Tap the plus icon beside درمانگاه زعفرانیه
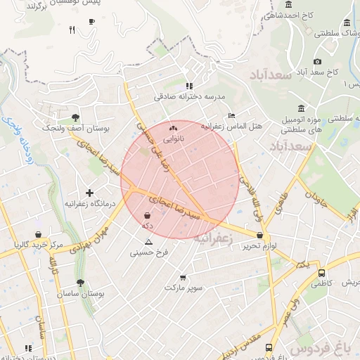tap(89, 192)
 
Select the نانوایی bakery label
tap(173, 139)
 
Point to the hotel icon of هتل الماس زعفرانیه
tap(232, 116)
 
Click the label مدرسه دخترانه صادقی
tap(189, 96)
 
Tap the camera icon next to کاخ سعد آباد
tap(318, 62)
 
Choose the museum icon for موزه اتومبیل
tap(301, 108)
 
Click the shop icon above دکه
tap(147, 215)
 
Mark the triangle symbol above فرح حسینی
tap(148, 241)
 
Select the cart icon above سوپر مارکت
tap(184, 277)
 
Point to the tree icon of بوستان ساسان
tap(82, 283)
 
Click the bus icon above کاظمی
tap(321, 272)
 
